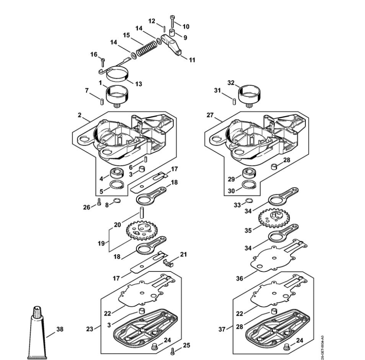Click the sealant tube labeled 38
(x=37, y=333)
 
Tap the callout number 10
(x=186, y=27)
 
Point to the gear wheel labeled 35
(x=274, y=218)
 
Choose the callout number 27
(x=210, y=115)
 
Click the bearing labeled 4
(x=116, y=173)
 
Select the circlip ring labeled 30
(x=249, y=185)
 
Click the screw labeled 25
(x=173, y=351)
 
